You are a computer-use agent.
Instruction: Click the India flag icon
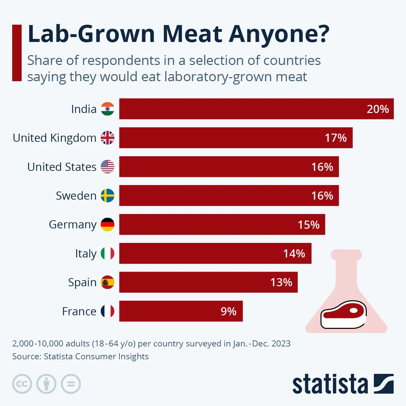(x=108, y=109)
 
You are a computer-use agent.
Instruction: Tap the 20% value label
(x=378, y=109)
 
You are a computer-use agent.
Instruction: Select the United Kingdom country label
(x=54, y=138)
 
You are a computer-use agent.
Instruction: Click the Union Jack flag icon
(x=108, y=138)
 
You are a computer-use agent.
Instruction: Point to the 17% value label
(x=336, y=138)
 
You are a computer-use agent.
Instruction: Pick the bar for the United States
(x=229, y=167)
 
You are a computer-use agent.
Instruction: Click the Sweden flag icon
(x=108, y=196)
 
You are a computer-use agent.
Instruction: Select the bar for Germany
(x=222, y=224)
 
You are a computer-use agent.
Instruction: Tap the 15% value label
(x=309, y=225)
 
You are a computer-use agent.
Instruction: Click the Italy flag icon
(x=108, y=253)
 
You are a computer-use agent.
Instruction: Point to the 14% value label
(x=294, y=253)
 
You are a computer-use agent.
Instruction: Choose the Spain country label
(x=82, y=282)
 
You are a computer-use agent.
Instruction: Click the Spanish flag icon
(x=108, y=282)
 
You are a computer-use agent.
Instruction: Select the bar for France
(x=181, y=311)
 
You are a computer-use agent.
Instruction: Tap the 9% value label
(x=228, y=311)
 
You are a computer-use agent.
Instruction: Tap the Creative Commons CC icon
(x=22, y=384)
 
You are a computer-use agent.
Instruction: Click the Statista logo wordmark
(x=330, y=384)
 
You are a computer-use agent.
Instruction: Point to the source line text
(x=80, y=356)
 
